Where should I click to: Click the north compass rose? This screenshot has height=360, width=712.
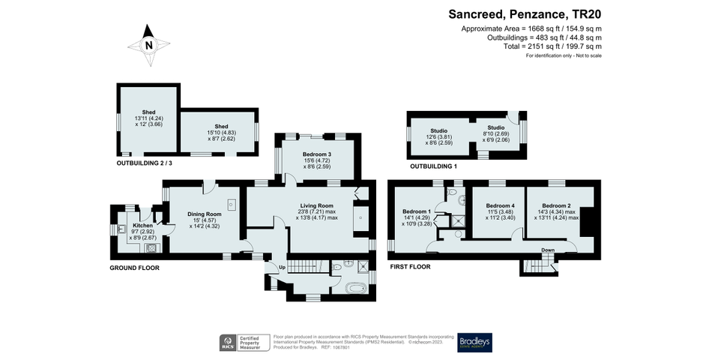148,44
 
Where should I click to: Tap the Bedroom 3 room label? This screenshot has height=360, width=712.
316,154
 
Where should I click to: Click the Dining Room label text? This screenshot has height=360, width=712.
204,214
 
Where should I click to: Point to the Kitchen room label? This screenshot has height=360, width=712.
142,226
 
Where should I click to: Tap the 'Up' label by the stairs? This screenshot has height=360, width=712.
282,267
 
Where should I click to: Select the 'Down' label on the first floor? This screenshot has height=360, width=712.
548,250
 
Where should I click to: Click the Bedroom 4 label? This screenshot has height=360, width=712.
500,205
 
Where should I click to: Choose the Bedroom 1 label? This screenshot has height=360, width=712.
416,211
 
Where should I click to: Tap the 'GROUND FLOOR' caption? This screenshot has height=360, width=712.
134,268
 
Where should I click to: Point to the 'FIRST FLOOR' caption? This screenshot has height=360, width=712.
410,266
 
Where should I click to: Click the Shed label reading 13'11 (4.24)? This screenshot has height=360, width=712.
137,112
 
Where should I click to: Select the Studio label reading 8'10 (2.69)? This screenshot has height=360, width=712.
496,128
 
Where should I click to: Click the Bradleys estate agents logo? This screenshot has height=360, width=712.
475,342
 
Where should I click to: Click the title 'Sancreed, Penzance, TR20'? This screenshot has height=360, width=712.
525,13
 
